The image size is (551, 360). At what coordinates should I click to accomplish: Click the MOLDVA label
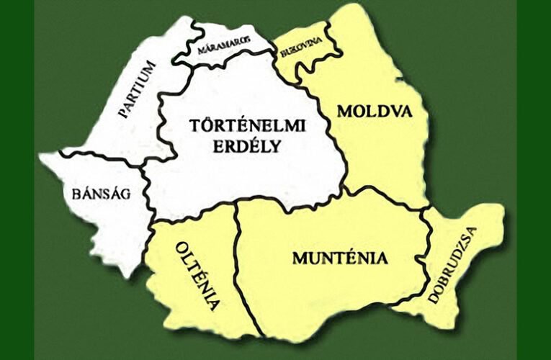click(374, 112)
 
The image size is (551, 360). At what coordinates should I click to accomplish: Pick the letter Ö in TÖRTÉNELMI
click(204, 125)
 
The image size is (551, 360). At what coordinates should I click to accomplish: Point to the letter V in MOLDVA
click(392, 112)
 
